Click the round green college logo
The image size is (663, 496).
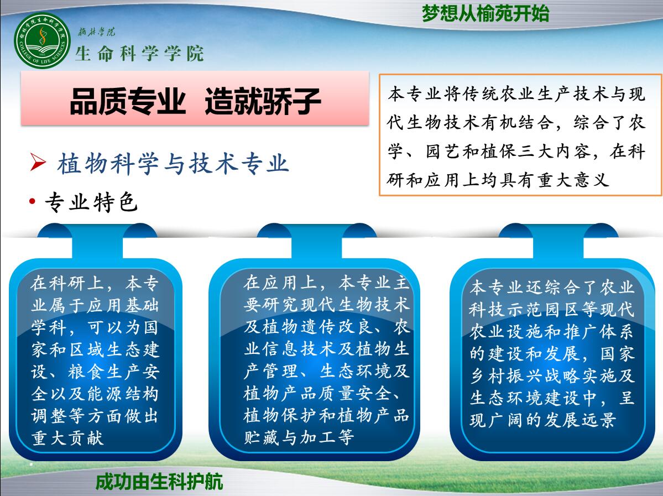tap(42, 41)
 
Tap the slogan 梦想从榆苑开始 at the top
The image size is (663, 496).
tap(485, 13)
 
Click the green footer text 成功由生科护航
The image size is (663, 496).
tap(159, 482)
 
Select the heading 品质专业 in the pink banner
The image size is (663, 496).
tap(128, 101)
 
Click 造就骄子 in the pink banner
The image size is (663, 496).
tap(263, 101)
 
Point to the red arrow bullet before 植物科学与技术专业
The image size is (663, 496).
tap(38, 163)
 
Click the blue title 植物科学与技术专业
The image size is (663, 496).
tap(174, 164)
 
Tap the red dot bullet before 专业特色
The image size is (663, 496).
tap(33, 201)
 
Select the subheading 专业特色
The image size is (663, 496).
tap(92, 202)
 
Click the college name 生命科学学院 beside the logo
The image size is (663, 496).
tap(139, 54)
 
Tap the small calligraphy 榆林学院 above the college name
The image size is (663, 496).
tap(96, 32)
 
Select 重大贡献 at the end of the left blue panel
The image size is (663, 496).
tap(67, 438)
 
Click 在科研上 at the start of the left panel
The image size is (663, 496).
tap(67, 283)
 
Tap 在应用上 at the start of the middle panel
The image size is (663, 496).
tap(280, 283)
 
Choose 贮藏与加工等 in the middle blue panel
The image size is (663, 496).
tap(299, 437)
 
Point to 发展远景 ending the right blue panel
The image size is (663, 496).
tap(580, 420)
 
